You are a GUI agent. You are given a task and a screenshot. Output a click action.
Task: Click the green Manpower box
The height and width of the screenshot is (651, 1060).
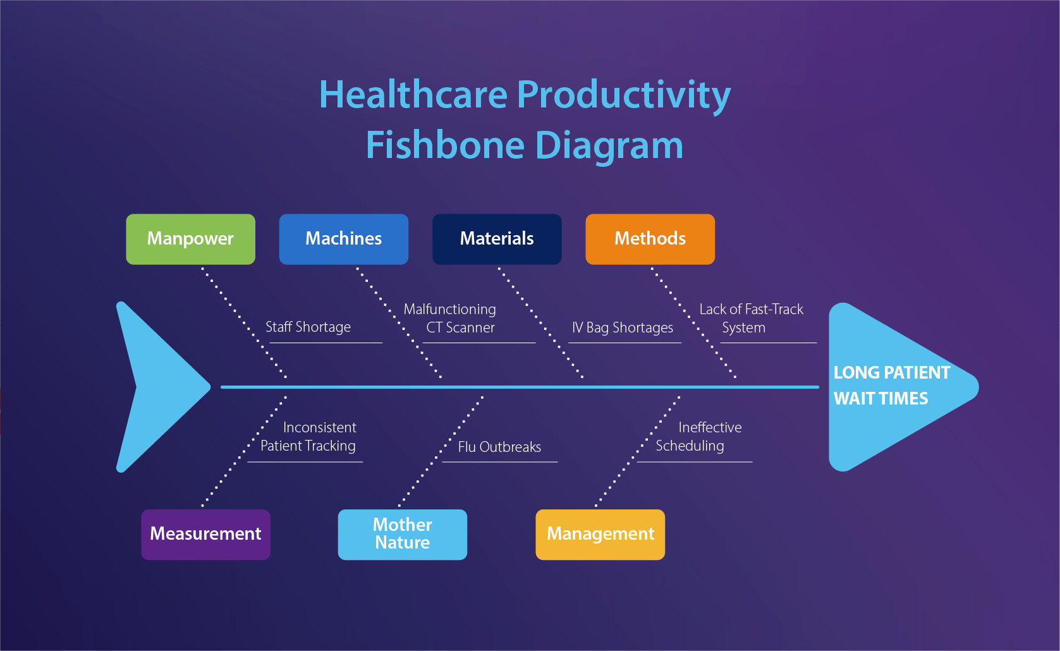[x=190, y=239]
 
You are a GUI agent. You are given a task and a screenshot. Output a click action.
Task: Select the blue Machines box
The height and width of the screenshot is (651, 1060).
[x=343, y=239]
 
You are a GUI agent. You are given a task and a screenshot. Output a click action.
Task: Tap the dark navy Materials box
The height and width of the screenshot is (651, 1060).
[x=497, y=239]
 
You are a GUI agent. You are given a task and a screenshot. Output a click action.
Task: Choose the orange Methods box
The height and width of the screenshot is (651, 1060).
[x=650, y=239]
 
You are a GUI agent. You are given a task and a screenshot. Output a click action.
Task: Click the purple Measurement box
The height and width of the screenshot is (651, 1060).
[x=205, y=534]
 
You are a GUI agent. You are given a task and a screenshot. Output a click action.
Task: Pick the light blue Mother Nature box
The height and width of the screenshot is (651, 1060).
[x=402, y=534]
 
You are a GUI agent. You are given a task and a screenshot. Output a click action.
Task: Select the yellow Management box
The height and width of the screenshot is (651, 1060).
[x=600, y=534]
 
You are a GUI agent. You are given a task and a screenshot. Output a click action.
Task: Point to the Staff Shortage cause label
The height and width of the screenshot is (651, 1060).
[x=308, y=327]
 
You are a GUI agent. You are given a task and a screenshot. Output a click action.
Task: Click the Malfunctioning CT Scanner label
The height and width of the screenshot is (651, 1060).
[x=450, y=319]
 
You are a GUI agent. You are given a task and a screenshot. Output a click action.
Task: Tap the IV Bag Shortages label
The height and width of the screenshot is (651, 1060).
[x=623, y=328]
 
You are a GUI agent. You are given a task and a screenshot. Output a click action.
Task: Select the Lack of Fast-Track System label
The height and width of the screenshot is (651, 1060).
[x=750, y=319]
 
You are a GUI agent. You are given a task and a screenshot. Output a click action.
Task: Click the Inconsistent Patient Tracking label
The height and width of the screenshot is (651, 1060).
[x=308, y=437]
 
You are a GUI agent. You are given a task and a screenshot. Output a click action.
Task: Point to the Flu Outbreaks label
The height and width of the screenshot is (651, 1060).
[x=499, y=447]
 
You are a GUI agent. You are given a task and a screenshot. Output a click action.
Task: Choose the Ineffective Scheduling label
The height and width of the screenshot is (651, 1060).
[x=698, y=437]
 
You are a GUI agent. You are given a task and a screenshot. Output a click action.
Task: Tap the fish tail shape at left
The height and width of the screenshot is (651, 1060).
[x=155, y=387]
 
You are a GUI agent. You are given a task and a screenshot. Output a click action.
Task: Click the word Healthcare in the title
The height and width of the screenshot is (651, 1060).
[x=413, y=95]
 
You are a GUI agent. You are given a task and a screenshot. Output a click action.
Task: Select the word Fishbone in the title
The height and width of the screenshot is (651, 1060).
[x=445, y=145]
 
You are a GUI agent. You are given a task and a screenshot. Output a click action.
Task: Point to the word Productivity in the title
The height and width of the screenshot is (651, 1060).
[x=624, y=95]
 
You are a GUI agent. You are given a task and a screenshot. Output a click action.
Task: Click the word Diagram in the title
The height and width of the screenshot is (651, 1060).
[x=609, y=145]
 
